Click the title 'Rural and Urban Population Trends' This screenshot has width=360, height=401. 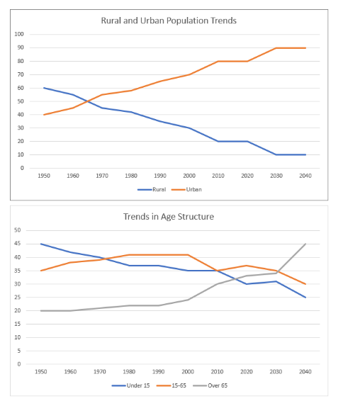coord(169,21)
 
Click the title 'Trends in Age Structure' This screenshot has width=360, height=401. coord(169,217)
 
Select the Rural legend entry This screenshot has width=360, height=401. coord(152,189)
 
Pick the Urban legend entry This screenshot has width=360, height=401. coord(186,189)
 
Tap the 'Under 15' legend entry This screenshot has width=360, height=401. coord(130,385)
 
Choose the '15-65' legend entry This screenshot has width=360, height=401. coord(171,385)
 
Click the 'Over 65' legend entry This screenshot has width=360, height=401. coord(210,385)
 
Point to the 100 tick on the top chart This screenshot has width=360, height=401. coord(19,34)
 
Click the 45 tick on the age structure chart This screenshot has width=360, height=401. coord(18,244)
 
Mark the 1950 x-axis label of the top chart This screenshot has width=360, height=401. coord(44,176)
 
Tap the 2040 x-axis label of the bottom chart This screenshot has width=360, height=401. coord(305,371)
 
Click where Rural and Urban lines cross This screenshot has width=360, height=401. coord(87,101)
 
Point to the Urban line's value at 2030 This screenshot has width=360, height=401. coord(276,48)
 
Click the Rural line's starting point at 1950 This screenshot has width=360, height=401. coord(44,88)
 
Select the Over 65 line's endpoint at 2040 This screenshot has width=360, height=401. coord(305,244)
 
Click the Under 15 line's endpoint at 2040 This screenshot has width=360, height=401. coord(305,298)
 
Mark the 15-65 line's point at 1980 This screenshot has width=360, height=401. coord(129,255)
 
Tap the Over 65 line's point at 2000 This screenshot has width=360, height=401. coord(188,300)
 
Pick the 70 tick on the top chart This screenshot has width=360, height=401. coord(21,74)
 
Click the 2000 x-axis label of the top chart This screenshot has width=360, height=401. coord(189,176)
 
